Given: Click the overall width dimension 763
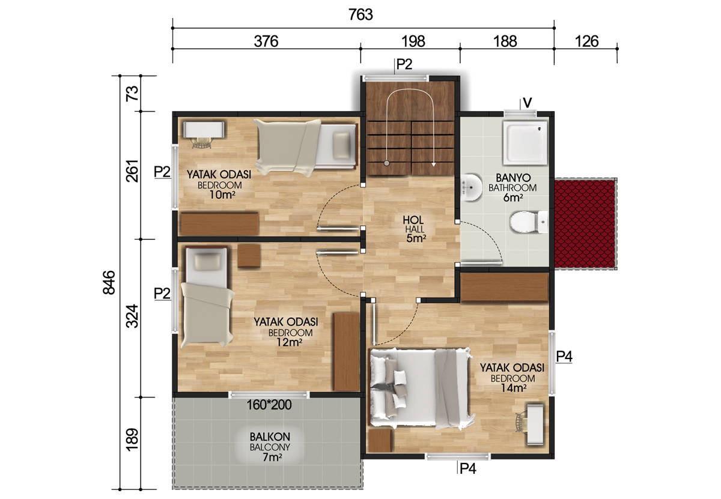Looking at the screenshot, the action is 360,15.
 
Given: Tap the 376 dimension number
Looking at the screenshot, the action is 266,41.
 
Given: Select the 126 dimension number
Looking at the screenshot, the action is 586,41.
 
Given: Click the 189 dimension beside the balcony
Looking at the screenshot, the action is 132,440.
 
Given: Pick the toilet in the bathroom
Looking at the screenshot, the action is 529,222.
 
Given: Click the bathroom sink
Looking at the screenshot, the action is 471,187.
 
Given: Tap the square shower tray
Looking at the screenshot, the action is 525,142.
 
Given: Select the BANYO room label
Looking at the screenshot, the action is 513,178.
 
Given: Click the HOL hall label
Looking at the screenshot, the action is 413,220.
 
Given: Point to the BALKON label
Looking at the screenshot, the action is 270,437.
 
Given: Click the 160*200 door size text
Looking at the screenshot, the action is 269,404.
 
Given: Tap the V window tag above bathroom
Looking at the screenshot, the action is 528,103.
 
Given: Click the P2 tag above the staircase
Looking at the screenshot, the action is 404,64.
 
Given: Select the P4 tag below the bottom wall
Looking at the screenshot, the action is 467,468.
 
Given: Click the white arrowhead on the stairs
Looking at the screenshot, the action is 434,164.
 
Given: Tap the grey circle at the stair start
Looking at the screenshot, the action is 386,163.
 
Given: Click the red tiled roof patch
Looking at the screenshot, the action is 585,223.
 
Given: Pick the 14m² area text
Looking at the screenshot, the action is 513,388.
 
